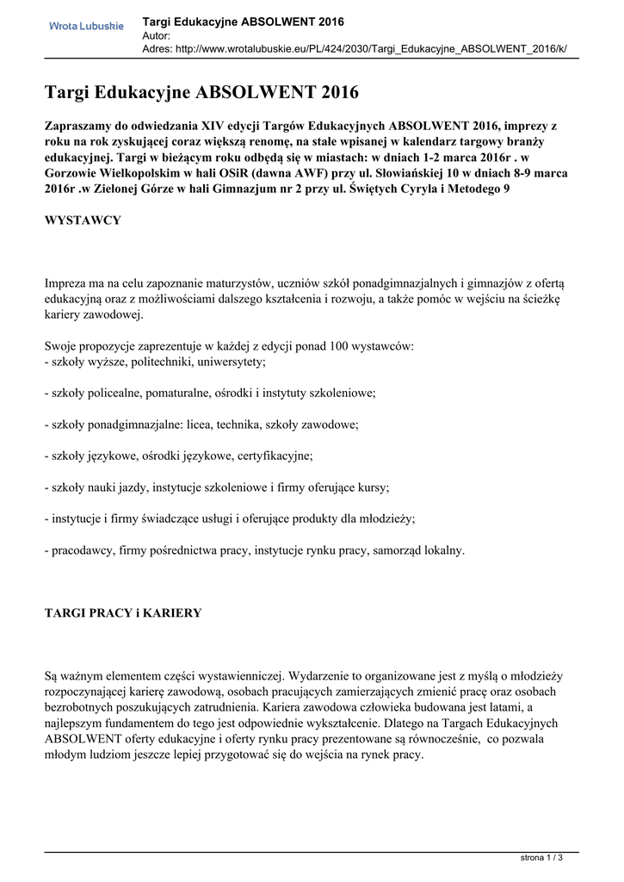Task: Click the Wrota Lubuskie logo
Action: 86,26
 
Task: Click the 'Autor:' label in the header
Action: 156,35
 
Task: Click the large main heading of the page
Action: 201,92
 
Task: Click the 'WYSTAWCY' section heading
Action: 83,221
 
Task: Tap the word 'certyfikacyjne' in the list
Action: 275,455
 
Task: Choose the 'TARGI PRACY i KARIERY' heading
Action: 123,613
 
